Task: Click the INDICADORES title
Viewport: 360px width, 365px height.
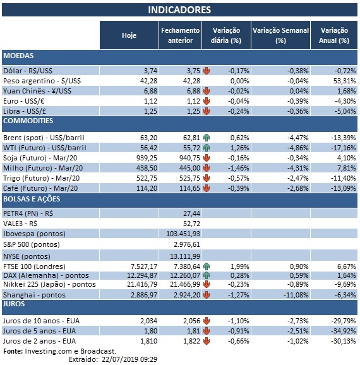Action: tap(179, 10)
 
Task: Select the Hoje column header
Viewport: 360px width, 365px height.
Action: tap(129, 35)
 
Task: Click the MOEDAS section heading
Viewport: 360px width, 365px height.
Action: tap(19, 56)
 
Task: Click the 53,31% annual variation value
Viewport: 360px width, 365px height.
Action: tap(337, 81)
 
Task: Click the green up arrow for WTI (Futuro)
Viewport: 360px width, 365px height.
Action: tap(206, 148)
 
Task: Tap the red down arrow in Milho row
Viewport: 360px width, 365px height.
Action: tap(206, 169)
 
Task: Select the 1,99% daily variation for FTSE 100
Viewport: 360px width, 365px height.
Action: tap(232, 266)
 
